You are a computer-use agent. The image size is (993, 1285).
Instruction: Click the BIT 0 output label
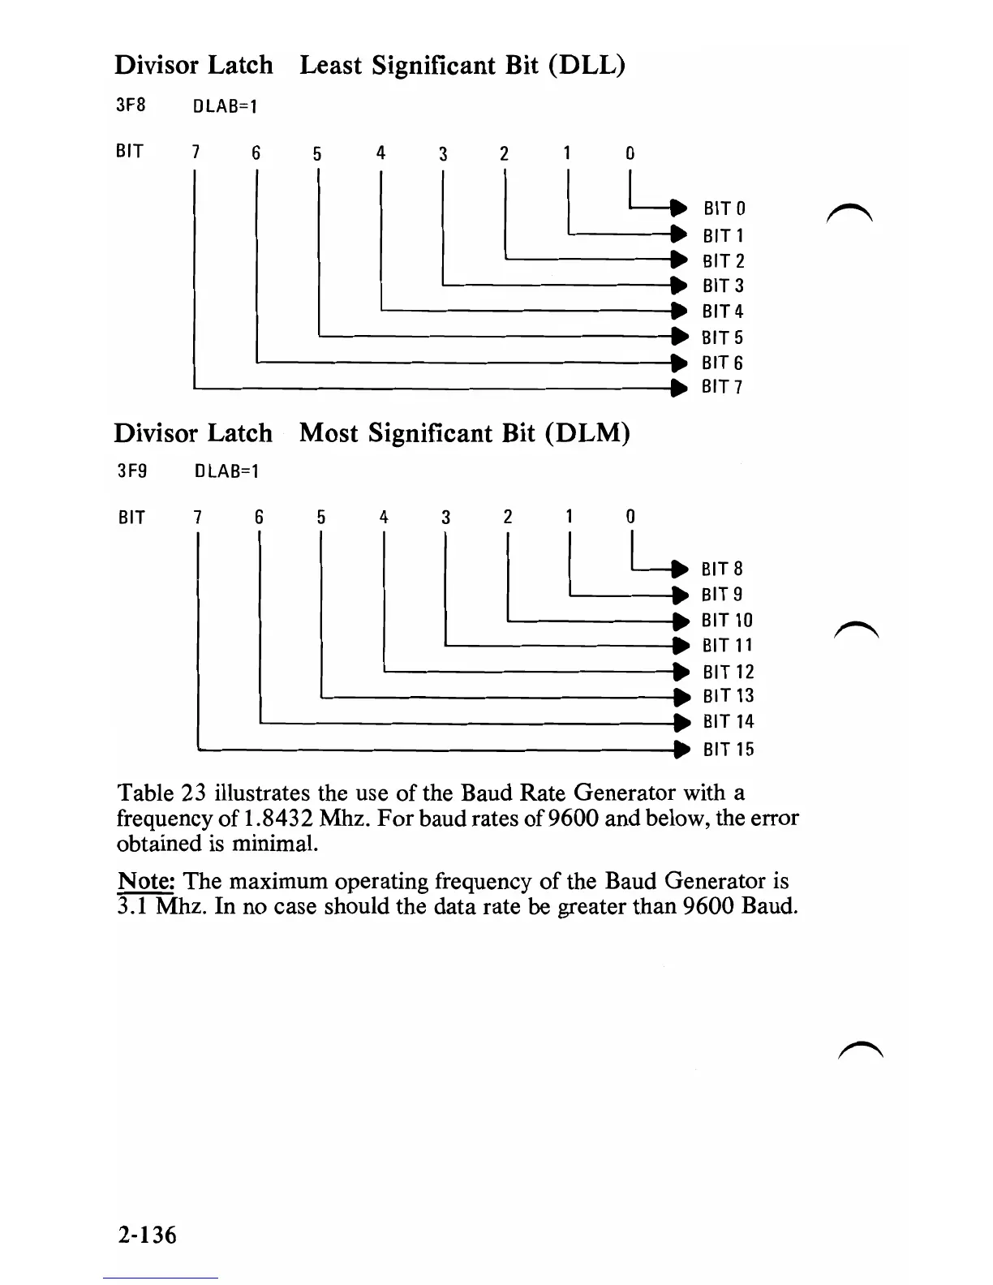(x=724, y=208)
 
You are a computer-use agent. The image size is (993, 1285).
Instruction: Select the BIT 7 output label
(x=722, y=387)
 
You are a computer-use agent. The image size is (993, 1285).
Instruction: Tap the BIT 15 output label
(x=729, y=750)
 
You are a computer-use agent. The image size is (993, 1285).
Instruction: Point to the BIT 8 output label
(x=722, y=569)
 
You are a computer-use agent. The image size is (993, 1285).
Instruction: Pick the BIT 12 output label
(x=729, y=672)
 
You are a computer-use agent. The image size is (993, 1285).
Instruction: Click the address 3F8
(x=131, y=105)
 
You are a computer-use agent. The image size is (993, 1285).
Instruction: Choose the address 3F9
(x=132, y=471)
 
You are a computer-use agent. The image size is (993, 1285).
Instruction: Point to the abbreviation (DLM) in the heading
(x=589, y=432)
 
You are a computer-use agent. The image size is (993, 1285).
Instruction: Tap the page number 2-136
(x=146, y=1234)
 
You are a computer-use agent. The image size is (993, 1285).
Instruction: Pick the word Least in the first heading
(x=332, y=65)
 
